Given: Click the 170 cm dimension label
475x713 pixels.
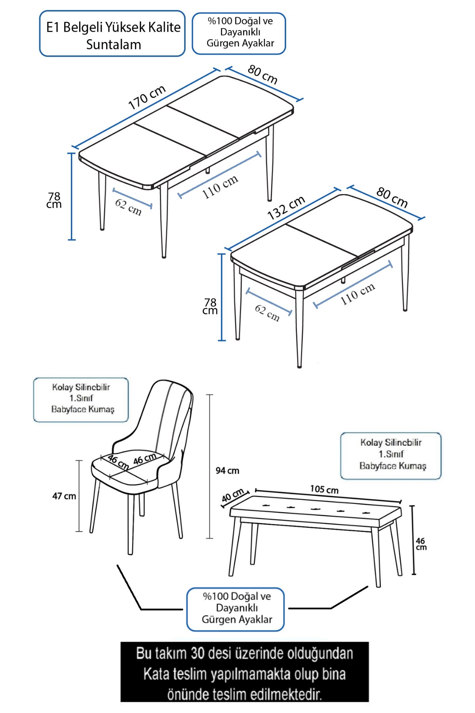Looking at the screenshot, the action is [147, 97].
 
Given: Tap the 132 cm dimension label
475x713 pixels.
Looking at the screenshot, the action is [286, 208].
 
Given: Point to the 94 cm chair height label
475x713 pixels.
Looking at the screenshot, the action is [227, 471].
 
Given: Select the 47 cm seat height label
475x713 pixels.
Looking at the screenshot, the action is [64, 496].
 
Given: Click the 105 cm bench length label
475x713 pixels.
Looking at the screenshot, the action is [324, 490].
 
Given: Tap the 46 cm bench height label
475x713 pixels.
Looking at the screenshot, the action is [421, 543].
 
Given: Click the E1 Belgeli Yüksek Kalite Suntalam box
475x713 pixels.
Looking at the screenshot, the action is [112, 34].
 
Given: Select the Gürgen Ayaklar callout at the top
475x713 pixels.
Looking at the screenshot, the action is [239, 33].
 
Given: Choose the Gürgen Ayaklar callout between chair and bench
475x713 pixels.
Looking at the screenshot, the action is [236, 609].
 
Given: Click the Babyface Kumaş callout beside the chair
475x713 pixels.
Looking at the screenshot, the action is [81, 400].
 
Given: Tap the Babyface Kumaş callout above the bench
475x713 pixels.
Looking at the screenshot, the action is [391, 456].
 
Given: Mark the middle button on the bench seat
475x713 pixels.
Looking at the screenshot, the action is [315, 509].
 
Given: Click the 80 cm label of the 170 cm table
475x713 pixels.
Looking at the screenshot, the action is [262, 74].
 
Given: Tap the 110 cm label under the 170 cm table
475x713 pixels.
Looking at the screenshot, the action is [220, 187].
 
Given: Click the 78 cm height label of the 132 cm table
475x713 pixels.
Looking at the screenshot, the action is [210, 307].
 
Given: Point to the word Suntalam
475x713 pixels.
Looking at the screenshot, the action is [114, 44].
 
